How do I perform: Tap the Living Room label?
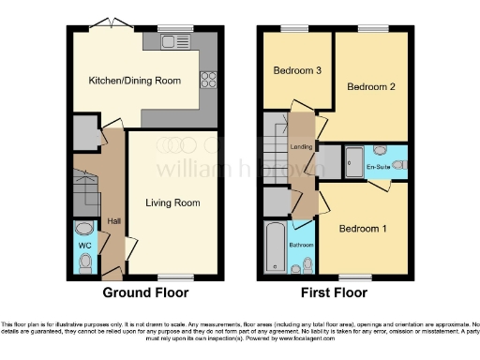(x=172, y=202)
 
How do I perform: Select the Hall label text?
(x=113, y=220)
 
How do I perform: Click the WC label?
(x=82, y=247)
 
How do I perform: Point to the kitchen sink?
(x=172, y=41)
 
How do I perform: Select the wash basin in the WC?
(x=83, y=228)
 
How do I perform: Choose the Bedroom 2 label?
(x=369, y=86)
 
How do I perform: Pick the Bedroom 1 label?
(x=362, y=229)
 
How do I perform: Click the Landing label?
(x=302, y=147)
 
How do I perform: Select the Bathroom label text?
(x=301, y=245)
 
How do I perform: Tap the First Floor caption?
(x=335, y=292)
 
